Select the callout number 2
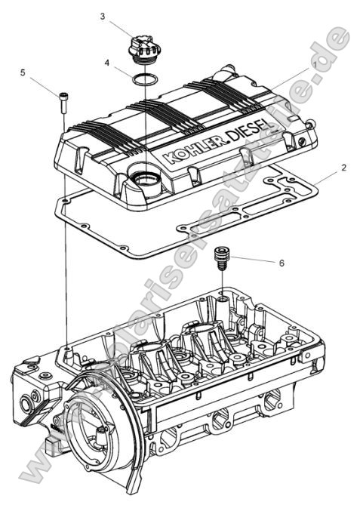(343, 168)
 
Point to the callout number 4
(107, 63)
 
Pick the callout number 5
(23, 73)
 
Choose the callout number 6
(282, 263)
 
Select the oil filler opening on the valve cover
(144, 180)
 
